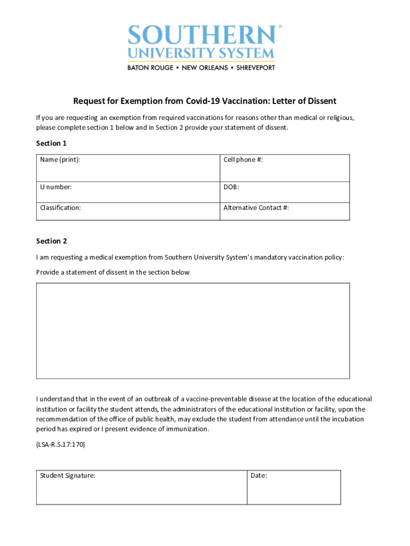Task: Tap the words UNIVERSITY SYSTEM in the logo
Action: point(201,54)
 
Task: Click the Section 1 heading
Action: point(51,143)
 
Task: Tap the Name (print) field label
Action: point(61,159)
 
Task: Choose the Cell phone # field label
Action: point(243,159)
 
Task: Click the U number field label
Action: point(56,187)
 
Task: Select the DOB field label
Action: point(231,187)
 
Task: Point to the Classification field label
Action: point(61,208)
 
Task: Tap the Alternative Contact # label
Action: point(256,208)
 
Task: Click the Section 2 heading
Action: point(51,241)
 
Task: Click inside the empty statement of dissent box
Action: point(193,331)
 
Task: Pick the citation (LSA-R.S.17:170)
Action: point(60,444)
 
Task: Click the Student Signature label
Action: point(68,476)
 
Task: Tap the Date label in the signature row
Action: point(259,476)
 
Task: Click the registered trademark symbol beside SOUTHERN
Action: point(280,26)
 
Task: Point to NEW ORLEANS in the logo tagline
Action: point(205,68)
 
